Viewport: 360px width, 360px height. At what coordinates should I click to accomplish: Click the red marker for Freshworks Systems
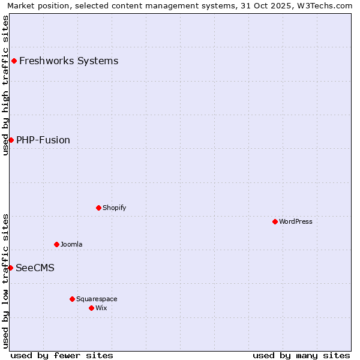pyautogui.click(x=14, y=61)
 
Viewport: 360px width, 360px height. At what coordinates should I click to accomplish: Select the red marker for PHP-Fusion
pyautogui.click(x=11, y=140)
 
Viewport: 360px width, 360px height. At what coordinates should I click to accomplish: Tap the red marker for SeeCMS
pyautogui.click(x=10, y=268)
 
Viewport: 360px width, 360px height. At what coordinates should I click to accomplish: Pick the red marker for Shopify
pyautogui.click(x=98, y=208)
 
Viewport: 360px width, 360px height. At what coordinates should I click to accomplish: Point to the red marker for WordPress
pyautogui.click(x=275, y=221)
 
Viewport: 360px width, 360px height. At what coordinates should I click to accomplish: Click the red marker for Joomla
pyautogui.click(x=56, y=244)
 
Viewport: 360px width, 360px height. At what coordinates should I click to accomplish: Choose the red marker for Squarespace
pyautogui.click(x=72, y=299)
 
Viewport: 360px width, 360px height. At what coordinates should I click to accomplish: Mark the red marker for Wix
pyautogui.click(x=91, y=308)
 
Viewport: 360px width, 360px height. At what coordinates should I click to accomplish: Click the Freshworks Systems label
pyautogui.click(x=68, y=61)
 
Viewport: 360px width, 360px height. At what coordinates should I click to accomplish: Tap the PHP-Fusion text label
pyautogui.click(x=43, y=140)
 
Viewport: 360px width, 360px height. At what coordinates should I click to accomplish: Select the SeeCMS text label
pyautogui.click(x=35, y=268)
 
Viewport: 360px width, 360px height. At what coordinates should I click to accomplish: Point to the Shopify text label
pyautogui.click(x=114, y=208)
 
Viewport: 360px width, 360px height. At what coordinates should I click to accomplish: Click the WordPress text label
pyautogui.click(x=295, y=221)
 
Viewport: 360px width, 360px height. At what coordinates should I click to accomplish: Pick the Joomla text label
pyautogui.click(x=71, y=244)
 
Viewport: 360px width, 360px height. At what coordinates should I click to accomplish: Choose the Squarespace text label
pyautogui.click(x=97, y=299)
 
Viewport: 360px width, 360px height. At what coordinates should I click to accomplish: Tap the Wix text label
pyautogui.click(x=101, y=308)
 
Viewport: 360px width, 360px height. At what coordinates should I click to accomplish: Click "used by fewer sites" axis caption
pyautogui.click(x=62, y=355)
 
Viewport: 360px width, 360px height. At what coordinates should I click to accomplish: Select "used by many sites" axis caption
pyautogui.click(x=301, y=355)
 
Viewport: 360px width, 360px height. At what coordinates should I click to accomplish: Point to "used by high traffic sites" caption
pyautogui.click(x=5, y=85)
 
